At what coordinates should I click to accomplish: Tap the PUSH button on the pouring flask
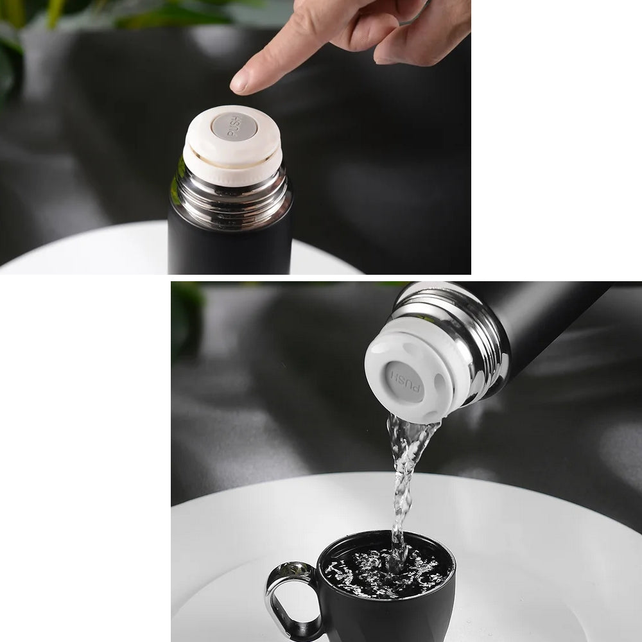404,381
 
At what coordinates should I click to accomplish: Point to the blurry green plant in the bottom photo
186,319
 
